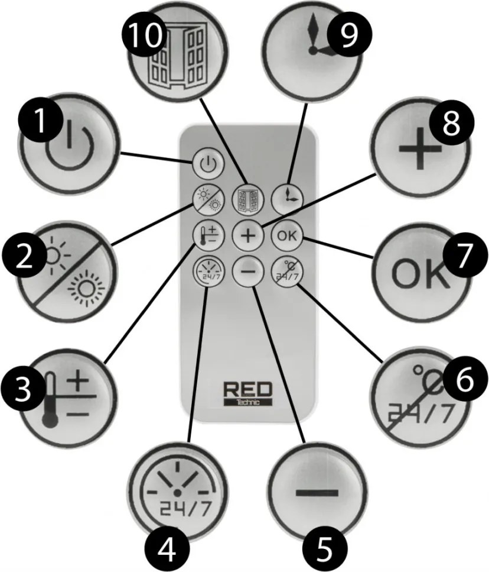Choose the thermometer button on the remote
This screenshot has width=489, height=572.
pos(204,235)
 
